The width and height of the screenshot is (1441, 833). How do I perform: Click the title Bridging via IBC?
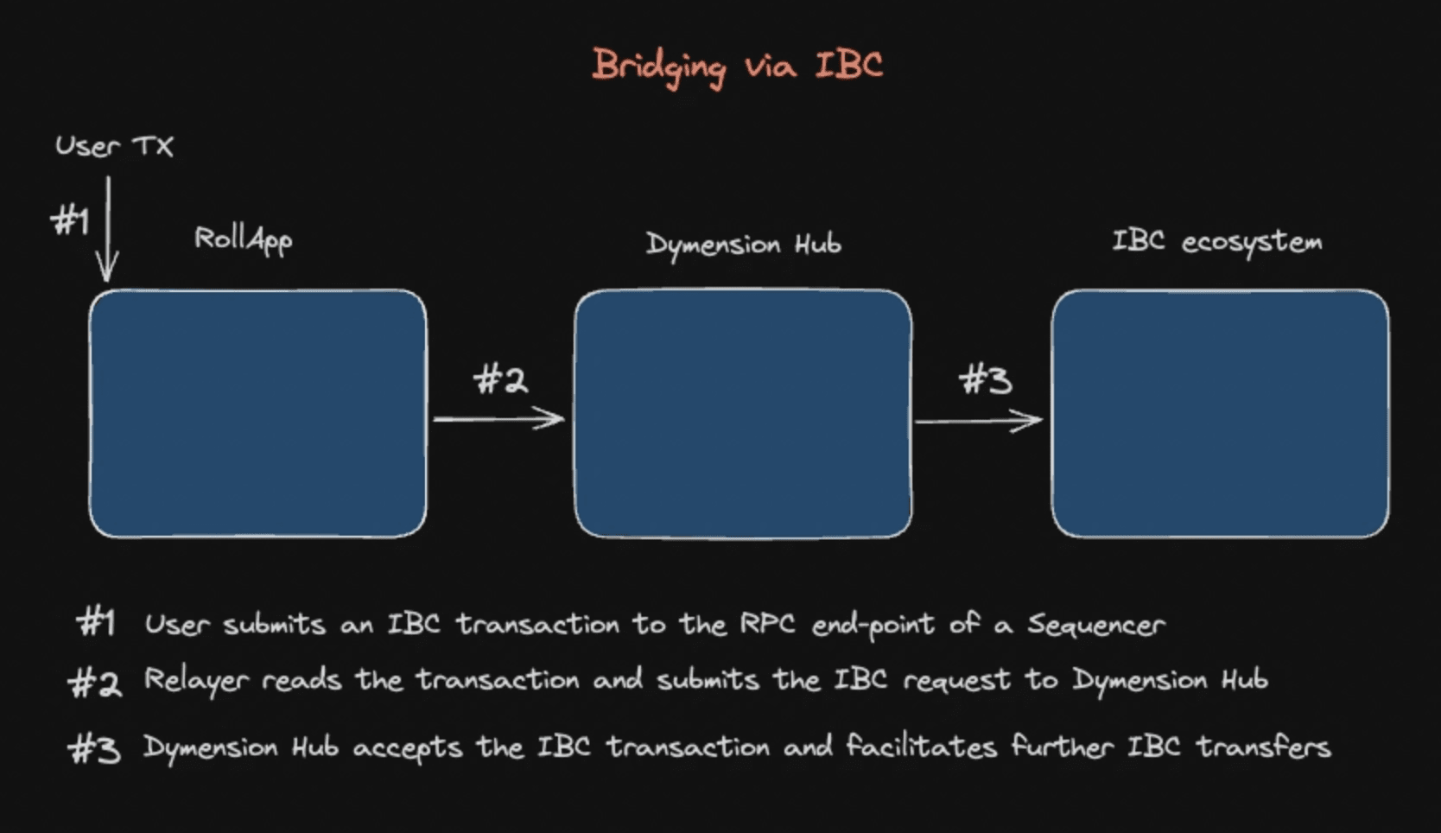[x=737, y=66]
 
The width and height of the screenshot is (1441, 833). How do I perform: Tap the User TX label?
[x=114, y=145]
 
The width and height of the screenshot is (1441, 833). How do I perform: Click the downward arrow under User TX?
[x=108, y=230]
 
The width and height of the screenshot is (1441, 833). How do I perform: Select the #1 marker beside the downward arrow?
[x=70, y=221]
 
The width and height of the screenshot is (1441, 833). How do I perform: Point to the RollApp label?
[x=243, y=239]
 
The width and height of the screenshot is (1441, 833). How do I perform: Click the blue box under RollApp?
[x=257, y=413]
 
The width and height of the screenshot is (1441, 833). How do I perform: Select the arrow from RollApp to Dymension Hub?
[x=498, y=419]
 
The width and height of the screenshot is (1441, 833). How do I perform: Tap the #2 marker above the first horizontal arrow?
[x=500, y=379]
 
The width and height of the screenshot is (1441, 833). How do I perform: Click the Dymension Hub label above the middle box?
[x=743, y=245]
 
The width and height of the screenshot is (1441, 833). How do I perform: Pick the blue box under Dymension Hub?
[x=743, y=413]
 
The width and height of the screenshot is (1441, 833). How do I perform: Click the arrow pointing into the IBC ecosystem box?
[x=979, y=421]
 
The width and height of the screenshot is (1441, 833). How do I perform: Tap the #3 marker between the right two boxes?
[x=985, y=379]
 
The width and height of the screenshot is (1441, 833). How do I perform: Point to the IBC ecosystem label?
[x=1216, y=241]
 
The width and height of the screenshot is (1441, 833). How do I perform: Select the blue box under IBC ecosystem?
[x=1220, y=413]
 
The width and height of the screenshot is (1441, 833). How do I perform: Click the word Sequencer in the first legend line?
[x=1095, y=625]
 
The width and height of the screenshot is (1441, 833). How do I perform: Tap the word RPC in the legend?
[x=766, y=624]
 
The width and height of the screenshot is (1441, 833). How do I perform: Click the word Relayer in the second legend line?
[x=196, y=681]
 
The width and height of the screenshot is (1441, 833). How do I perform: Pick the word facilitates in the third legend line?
[x=921, y=746]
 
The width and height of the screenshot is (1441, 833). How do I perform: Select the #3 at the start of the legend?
[x=94, y=748]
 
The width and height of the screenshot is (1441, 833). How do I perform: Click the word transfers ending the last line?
[x=1263, y=746]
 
